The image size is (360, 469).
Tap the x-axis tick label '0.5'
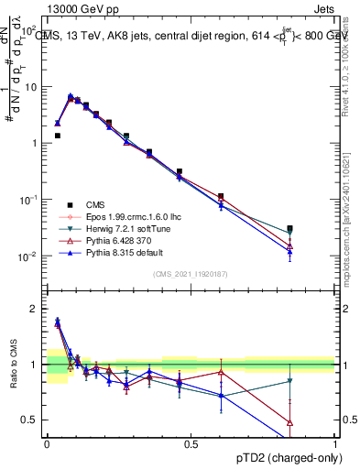pyautogui.click(x=191, y=443)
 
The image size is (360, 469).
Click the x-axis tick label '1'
pyautogui.click(x=334, y=443)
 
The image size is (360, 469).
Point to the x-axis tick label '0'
pyautogui.click(x=47, y=443)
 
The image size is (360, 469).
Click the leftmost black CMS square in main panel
pyautogui.click(x=57, y=136)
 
